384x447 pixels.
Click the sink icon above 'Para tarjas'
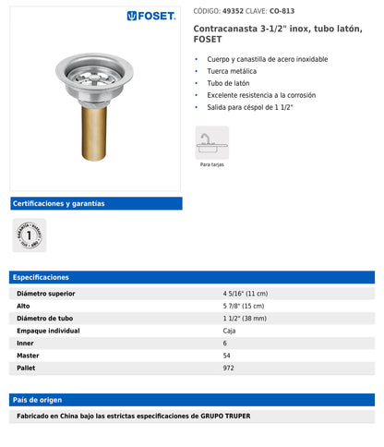(x=211, y=142)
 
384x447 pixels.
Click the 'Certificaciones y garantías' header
(x=57, y=203)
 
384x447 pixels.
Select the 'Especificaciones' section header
(x=42, y=277)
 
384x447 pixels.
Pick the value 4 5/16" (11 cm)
(x=246, y=294)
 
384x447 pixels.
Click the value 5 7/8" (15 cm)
(x=245, y=306)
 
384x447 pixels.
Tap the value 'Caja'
(x=229, y=331)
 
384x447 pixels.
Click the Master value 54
(x=227, y=356)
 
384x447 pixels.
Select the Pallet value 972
(x=228, y=368)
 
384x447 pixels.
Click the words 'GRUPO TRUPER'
(x=246, y=417)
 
